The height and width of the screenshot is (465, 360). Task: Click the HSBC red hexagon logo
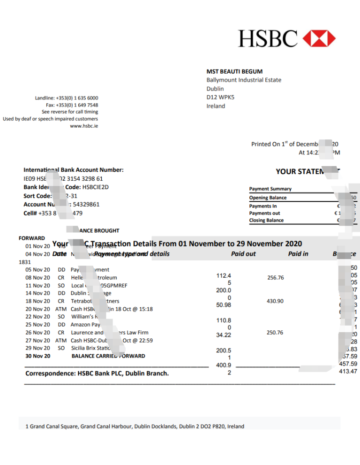(x=319, y=38)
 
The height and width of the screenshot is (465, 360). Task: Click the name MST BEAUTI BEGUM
(x=234, y=71)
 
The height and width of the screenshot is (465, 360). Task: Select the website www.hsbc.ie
(x=84, y=126)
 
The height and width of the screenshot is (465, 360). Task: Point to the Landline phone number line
(x=67, y=98)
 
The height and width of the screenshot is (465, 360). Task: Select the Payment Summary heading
(x=270, y=189)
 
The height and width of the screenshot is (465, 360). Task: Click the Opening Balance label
(x=268, y=198)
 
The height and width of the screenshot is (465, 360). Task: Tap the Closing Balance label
(x=266, y=220)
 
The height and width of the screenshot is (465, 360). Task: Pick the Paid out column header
(x=244, y=254)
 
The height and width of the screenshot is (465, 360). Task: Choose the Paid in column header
(x=298, y=254)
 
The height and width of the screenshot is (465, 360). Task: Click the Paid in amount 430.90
(x=276, y=301)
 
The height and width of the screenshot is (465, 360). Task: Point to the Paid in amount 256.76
(x=276, y=278)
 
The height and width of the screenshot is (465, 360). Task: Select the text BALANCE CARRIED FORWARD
(x=108, y=356)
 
